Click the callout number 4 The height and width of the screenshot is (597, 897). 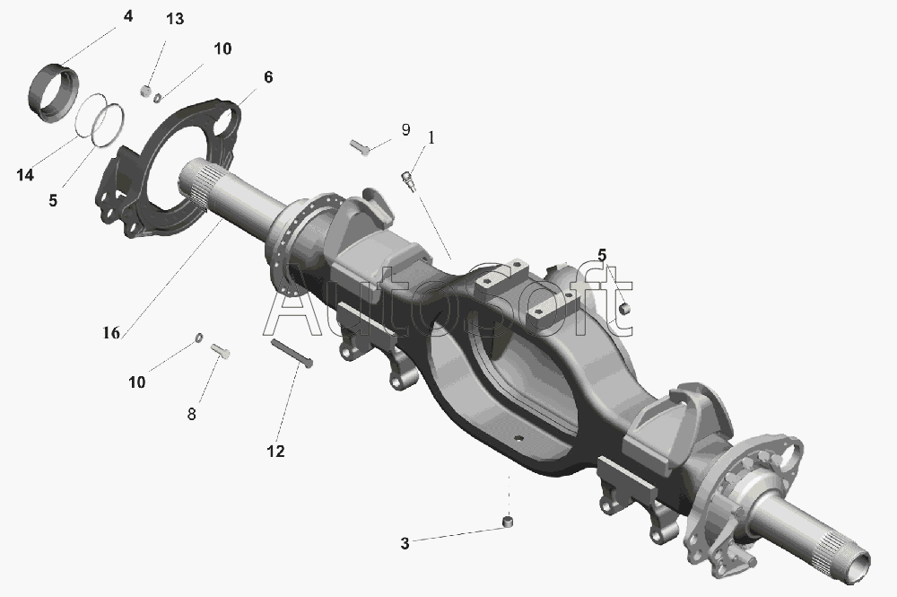click(x=128, y=16)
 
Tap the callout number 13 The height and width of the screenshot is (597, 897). click(x=175, y=19)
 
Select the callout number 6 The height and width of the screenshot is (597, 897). click(x=268, y=77)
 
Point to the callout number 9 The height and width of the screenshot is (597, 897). click(x=405, y=130)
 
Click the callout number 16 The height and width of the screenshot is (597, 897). click(x=111, y=332)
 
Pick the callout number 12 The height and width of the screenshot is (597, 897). click(x=275, y=451)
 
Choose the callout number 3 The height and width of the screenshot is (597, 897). click(x=405, y=543)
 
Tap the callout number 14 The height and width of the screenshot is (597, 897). click(x=25, y=175)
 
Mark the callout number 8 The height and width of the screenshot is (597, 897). click(x=192, y=414)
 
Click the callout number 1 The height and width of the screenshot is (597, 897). click(x=431, y=138)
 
